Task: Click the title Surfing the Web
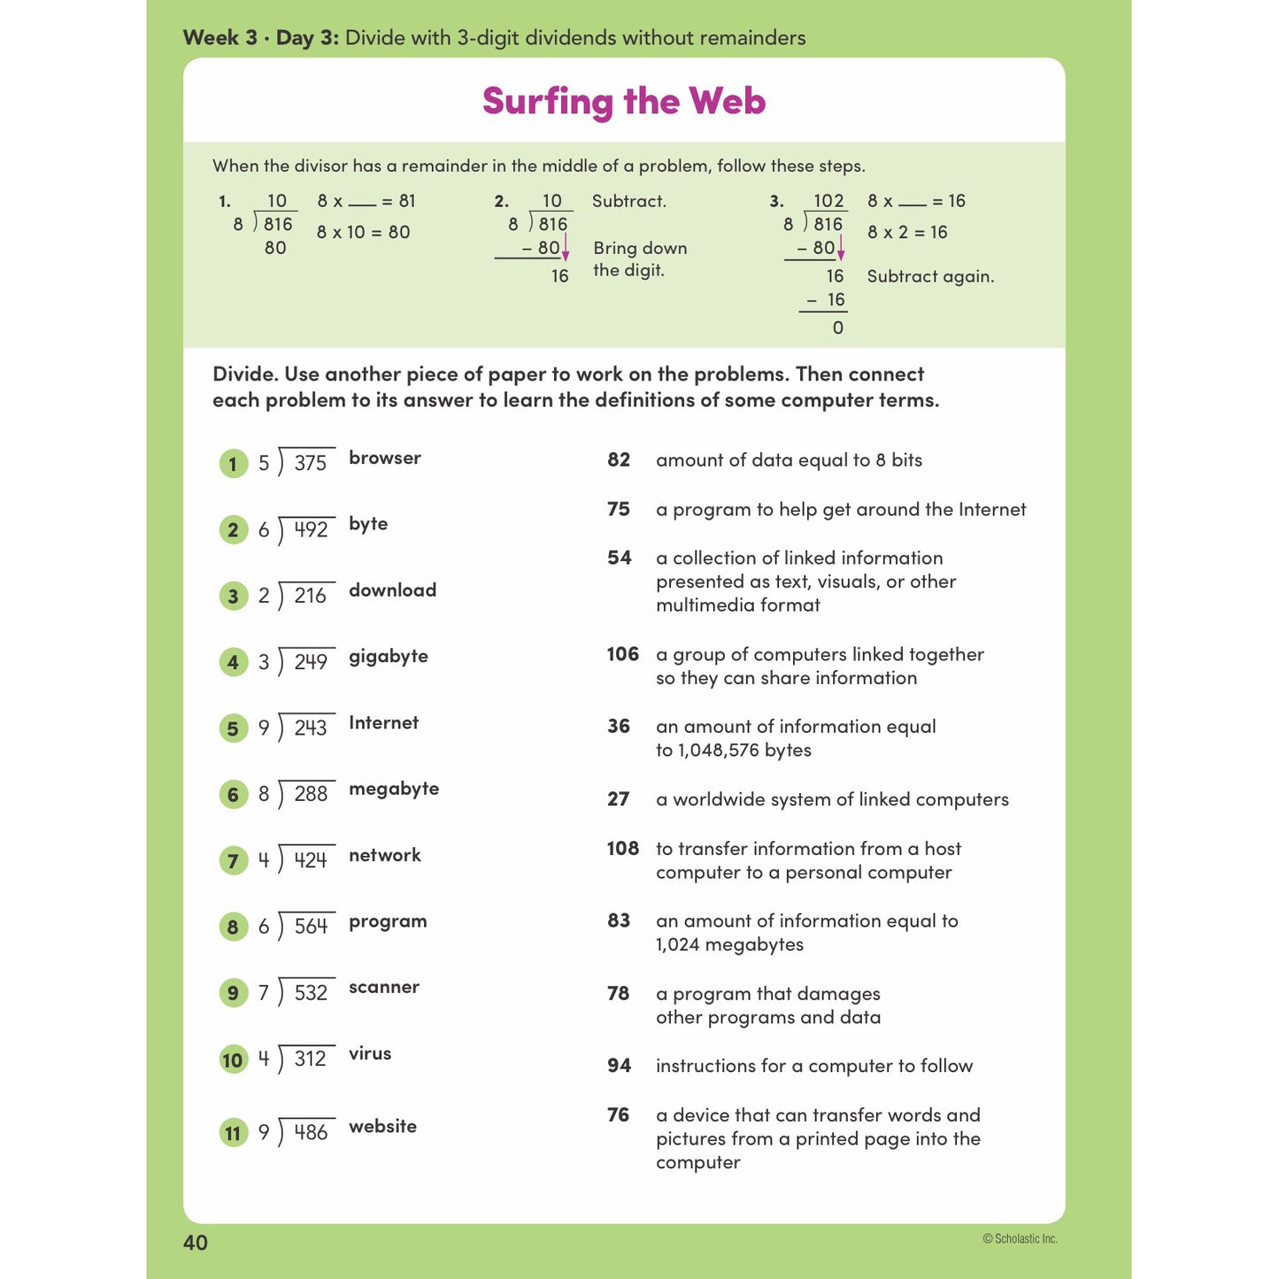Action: [623, 101]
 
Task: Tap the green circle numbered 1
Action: [233, 464]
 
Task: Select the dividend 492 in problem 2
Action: [311, 529]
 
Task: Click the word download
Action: [392, 590]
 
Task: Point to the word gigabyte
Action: [388, 657]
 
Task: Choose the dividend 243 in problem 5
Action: [311, 728]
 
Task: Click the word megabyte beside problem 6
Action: [393, 790]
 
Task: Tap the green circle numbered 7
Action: [233, 860]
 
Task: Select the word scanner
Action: [383, 988]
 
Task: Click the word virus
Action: [369, 1054]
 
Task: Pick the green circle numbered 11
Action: [233, 1133]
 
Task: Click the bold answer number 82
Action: [619, 460]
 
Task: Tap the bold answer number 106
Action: [622, 654]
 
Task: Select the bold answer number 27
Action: [618, 799]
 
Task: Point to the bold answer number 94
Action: [619, 1066]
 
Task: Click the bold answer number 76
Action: [618, 1115]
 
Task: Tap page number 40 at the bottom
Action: [195, 1243]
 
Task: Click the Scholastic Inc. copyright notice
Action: [1020, 1239]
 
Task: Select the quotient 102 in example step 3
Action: [828, 201]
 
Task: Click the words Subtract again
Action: [930, 276]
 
